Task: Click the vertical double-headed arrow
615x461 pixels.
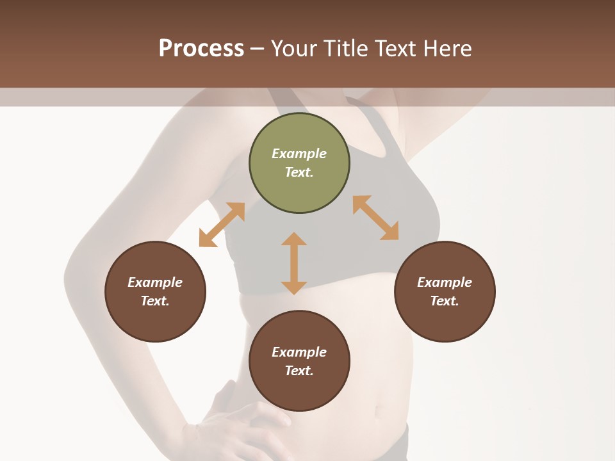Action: point(294,263)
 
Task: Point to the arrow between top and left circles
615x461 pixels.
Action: point(222,225)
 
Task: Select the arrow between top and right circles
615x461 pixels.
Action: point(375,218)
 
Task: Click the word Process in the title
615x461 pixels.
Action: point(201,49)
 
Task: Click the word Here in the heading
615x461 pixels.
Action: point(448,49)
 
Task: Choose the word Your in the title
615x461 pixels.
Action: point(293,49)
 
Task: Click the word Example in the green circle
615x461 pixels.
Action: point(299,154)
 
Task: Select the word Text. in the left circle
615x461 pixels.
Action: point(155,301)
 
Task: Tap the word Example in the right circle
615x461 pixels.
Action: point(445,282)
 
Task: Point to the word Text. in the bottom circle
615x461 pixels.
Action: point(299,371)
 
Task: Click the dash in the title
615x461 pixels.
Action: point(258,49)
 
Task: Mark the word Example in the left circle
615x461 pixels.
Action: point(155,282)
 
